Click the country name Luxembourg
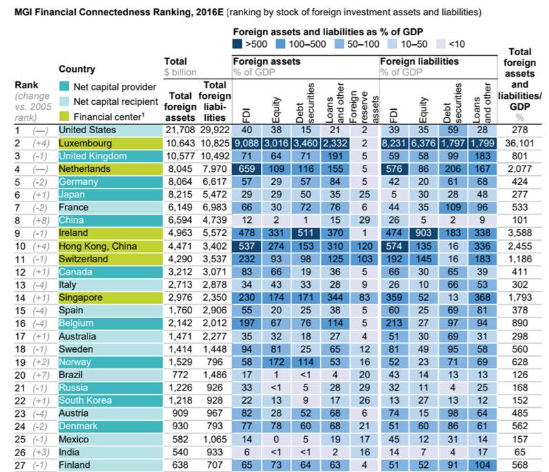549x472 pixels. coord(86,142)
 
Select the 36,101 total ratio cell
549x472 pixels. coord(523,142)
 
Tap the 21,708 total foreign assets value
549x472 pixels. coord(179,130)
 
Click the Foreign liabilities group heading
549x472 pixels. coord(419,61)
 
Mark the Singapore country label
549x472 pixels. coord(82,297)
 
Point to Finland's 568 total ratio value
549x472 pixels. coord(523,465)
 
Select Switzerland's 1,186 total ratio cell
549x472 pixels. coord(523,259)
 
